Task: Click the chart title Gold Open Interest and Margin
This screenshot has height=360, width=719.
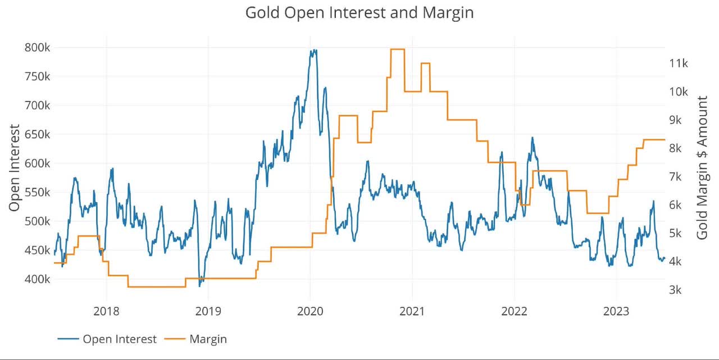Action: (x=359, y=12)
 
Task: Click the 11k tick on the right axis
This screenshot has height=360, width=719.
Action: (x=679, y=63)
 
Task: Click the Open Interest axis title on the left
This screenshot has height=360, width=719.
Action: (x=15, y=168)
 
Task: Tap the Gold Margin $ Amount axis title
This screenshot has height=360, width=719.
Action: (x=702, y=168)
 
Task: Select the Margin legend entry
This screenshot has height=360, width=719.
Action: (x=207, y=339)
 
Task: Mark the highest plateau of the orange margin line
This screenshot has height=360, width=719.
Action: (x=397, y=49)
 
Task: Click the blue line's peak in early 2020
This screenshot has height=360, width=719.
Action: (x=313, y=51)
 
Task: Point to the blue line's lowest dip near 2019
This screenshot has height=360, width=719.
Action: (x=199, y=286)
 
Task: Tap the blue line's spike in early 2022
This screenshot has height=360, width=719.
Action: (x=532, y=138)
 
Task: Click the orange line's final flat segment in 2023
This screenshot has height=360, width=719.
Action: (x=654, y=139)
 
